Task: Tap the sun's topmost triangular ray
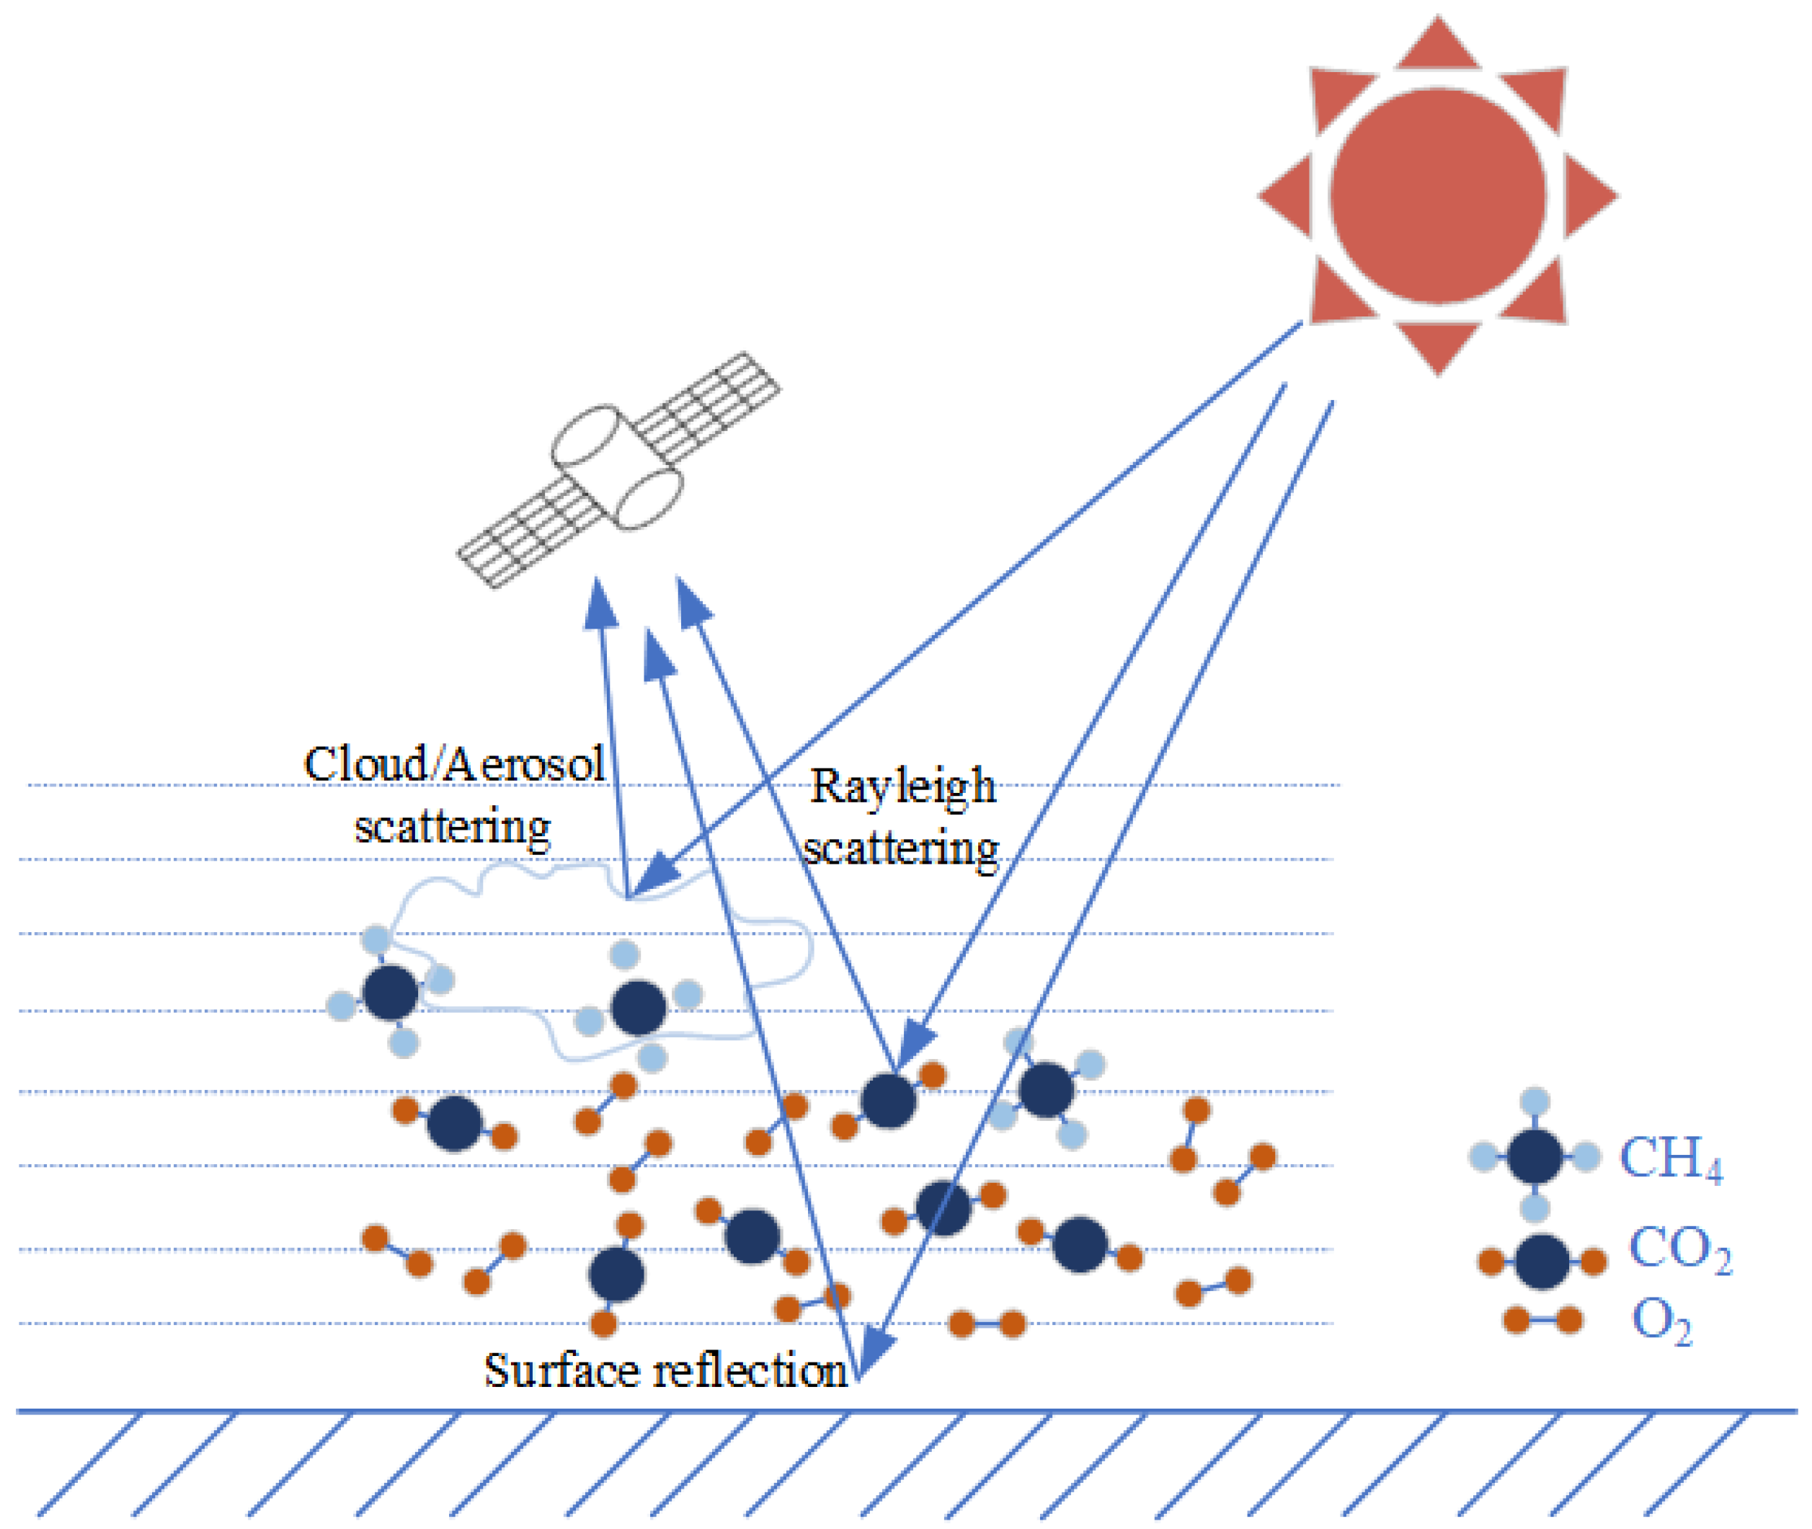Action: (1438, 48)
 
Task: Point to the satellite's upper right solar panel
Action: (708, 407)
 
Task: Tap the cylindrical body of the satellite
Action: (617, 467)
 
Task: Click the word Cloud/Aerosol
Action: (453, 764)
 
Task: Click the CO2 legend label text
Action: (1679, 1249)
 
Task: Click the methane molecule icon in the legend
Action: (1534, 1156)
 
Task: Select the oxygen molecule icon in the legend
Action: (1542, 1320)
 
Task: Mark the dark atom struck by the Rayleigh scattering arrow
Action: (888, 1101)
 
